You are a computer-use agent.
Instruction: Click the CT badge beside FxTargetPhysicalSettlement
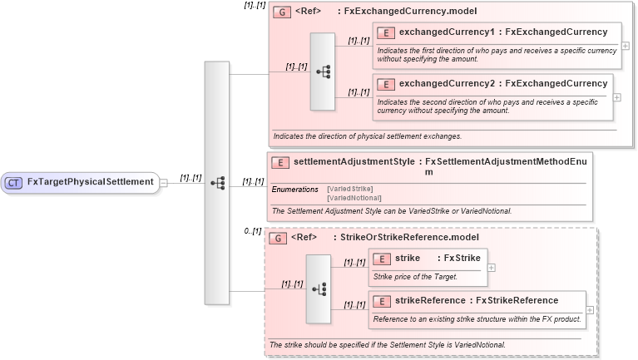[14, 182]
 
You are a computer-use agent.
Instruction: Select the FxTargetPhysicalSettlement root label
[90, 182]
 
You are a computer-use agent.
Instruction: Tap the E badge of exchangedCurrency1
[386, 32]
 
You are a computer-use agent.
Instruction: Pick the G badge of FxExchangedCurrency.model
[281, 12]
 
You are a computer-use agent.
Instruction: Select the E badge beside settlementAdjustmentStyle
[281, 163]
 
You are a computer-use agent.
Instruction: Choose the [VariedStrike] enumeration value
[349, 190]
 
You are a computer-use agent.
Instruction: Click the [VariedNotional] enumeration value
[354, 198]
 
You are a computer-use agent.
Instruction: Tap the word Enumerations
[295, 190]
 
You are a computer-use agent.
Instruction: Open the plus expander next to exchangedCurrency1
[625, 45]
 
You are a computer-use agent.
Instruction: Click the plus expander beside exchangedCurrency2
[616, 96]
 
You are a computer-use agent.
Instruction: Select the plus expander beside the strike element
[492, 268]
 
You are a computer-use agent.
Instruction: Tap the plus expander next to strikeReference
[590, 310]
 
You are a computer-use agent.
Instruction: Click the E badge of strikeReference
[382, 301]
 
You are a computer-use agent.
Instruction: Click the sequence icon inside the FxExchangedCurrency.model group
[322, 72]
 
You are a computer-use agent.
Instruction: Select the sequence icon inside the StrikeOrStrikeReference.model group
[318, 288]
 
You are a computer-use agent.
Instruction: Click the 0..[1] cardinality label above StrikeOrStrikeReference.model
[253, 230]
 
